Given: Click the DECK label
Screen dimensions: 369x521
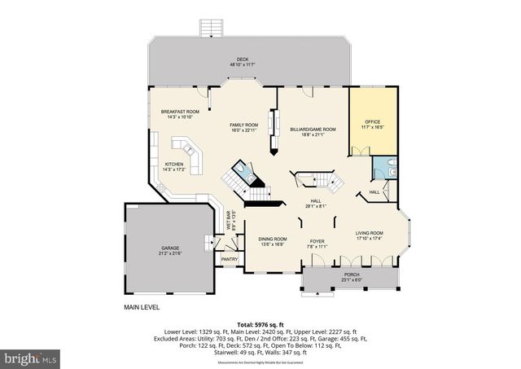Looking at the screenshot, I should [x=242, y=59].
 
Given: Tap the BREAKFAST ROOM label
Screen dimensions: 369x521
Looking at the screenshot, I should [x=180, y=112].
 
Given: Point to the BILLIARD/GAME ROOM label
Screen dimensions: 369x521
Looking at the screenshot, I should [x=313, y=130].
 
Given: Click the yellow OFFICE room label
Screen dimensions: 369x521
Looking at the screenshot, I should [x=372, y=122].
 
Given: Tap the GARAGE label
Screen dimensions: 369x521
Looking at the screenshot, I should [x=170, y=248].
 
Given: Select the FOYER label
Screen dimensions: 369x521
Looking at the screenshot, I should [x=316, y=241].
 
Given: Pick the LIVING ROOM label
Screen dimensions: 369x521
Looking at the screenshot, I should [x=370, y=233].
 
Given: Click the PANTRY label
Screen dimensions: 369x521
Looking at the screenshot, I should [x=230, y=259].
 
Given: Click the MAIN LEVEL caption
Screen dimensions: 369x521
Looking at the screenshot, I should [x=142, y=307].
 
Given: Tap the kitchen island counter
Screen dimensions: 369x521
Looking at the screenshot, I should [x=188, y=151].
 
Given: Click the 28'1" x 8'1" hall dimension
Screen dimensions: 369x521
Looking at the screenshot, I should [x=316, y=206].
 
